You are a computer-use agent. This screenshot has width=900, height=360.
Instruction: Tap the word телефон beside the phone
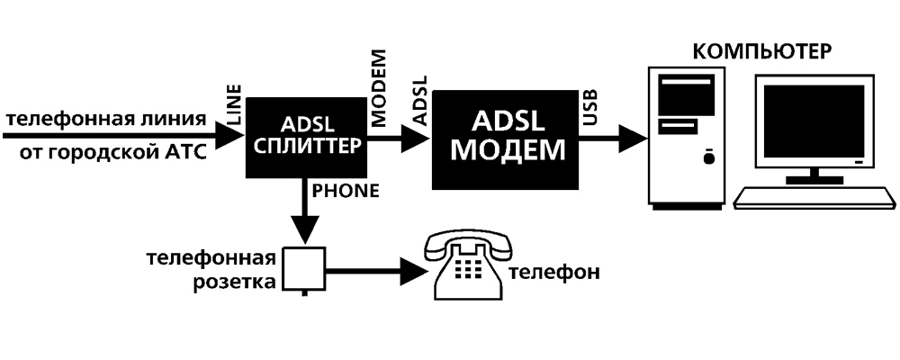tap(553, 272)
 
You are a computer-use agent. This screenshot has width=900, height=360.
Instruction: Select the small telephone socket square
tap(304, 267)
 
